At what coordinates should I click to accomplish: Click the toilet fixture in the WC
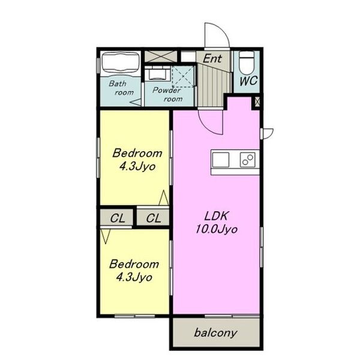247,62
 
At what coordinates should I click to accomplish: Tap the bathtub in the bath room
121,64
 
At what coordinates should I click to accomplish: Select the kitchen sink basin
221,160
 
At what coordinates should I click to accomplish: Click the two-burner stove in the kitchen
247,160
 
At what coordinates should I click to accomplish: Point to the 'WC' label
248,81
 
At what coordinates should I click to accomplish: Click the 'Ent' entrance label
212,58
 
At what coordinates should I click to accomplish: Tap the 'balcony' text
215,332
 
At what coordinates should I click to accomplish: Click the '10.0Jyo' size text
216,229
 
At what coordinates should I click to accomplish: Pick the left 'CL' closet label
118,218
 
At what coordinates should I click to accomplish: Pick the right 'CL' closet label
154,218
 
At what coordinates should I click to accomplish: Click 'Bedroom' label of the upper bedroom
137,153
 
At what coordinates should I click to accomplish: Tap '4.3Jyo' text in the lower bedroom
134,278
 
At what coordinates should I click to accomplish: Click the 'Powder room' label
168,94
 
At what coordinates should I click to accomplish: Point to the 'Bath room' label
121,88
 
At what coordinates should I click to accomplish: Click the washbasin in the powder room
158,73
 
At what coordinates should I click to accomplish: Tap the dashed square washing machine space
183,76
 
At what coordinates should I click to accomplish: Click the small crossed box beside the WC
257,101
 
